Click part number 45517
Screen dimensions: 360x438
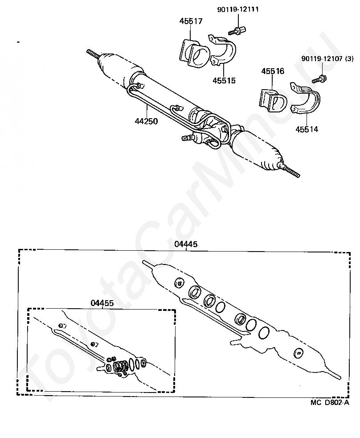(x=191, y=21)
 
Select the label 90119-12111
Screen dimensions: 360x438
(x=238, y=9)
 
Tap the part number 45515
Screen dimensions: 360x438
(x=224, y=80)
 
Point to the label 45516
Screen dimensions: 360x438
(x=273, y=71)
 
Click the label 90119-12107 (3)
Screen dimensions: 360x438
(x=327, y=59)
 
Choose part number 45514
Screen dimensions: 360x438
(x=307, y=129)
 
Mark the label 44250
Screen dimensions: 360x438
(x=146, y=121)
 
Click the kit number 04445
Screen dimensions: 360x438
(x=186, y=244)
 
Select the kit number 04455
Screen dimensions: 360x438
(x=102, y=303)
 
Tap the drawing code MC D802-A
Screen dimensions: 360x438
(x=330, y=402)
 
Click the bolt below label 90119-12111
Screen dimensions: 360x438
(x=237, y=30)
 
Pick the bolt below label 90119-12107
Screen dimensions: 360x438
(x=320, y=79)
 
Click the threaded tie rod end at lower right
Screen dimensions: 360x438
(x=292, y=171)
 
